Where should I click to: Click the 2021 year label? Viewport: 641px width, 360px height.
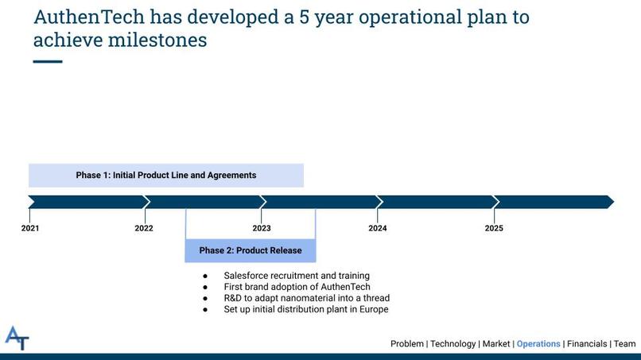(x=30, y=228)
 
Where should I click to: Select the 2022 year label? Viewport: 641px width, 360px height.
(x=144, y=228)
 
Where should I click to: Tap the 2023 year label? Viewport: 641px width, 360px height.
(x=262, y=228)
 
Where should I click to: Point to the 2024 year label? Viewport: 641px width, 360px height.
(x=377, y=228)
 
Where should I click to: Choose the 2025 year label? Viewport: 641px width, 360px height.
(x=494, y=228)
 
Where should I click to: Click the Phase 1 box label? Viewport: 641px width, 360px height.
(x=166, y=176)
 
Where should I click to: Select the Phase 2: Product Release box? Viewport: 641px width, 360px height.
(x=251, y=250)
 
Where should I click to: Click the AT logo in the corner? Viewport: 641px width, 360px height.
(x=17, y=338)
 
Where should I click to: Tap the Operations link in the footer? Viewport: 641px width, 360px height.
(x=538, y=344)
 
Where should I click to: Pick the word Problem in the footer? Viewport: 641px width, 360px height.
(x=406, y=344)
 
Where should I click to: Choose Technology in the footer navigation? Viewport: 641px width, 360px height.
(x=453, y=344)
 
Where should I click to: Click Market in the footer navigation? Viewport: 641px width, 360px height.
(x=496, y=344)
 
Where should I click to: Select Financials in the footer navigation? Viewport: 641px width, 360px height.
(x=587, y=344)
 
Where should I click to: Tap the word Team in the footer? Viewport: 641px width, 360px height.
(x=624, y=344)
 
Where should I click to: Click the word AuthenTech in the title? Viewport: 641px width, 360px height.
(x=89, y=17)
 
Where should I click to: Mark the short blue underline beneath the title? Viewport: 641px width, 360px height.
(x=48, y=62)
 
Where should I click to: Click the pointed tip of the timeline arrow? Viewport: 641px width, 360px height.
(x=614, y=202)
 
